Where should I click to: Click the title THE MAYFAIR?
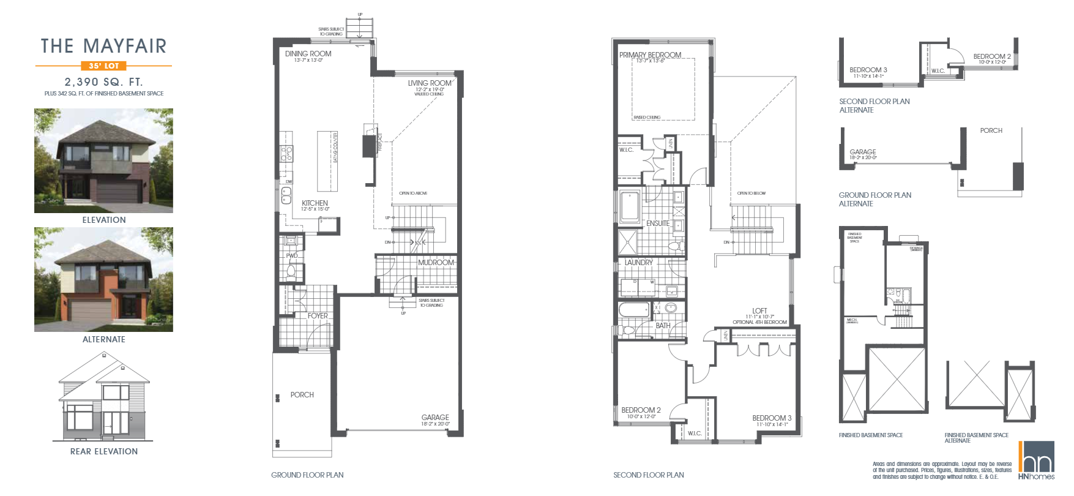103,46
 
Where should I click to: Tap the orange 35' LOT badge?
103,66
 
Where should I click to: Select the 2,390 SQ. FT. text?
103,81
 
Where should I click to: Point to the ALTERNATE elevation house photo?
103,279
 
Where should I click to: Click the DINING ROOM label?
308,54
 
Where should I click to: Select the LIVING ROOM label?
430,83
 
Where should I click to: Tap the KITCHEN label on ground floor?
315,203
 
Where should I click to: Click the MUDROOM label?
436,262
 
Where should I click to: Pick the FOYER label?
318,316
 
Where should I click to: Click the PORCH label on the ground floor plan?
302,395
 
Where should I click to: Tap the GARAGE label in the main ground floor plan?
435,418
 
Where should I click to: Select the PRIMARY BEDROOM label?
650,55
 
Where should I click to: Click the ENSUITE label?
658,224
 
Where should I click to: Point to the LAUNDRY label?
638,262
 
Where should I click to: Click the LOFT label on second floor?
759,310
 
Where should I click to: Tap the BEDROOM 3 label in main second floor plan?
772,418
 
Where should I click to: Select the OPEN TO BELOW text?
751,193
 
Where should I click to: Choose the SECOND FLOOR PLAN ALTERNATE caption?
874,105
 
